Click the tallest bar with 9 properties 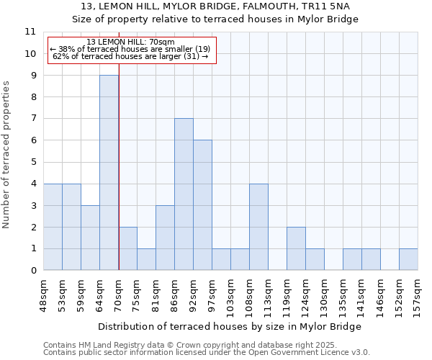109,173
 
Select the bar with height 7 184,194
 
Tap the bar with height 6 202,205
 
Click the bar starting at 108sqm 258,227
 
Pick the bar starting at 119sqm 296,248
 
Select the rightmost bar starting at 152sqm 408,259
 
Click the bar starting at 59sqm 90,238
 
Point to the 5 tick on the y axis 33,162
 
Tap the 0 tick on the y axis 33,271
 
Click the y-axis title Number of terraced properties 7,154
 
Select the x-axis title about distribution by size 229,326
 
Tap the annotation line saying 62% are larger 130,56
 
